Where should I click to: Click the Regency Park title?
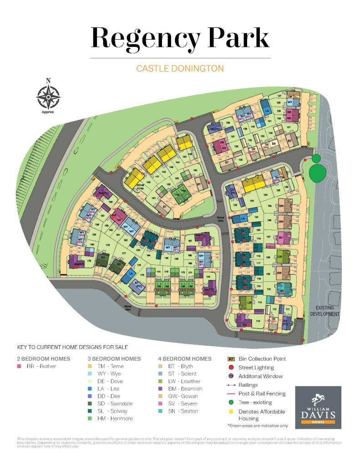(180, 37)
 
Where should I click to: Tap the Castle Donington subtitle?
(180, 69)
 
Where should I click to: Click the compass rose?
(48, 96)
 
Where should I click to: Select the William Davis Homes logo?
(318, 407)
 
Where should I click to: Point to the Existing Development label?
(325, 311)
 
